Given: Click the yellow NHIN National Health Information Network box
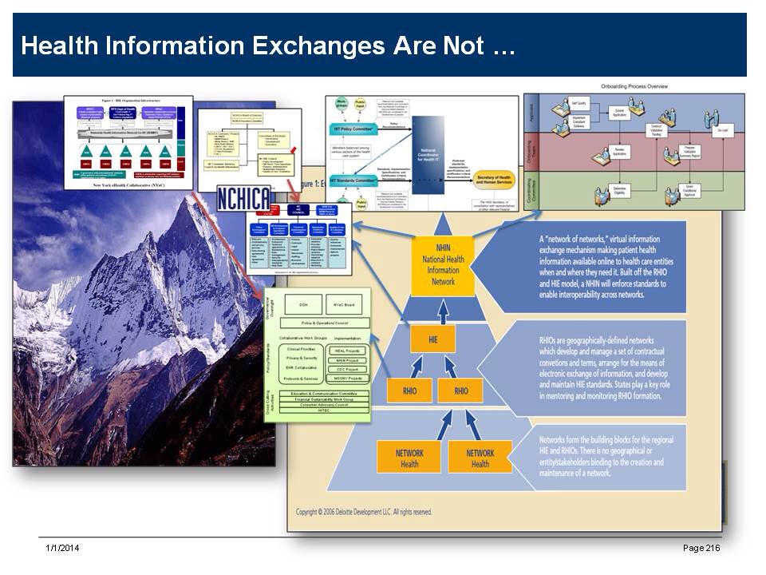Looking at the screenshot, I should (x=443, y=264).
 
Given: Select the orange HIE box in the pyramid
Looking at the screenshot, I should (x=432, y=339).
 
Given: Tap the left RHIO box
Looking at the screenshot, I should (x=409, y=391).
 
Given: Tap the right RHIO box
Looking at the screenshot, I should (x=461, y=391).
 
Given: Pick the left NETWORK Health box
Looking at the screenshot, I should (x=409, y=458).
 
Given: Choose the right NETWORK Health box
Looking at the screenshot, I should (x=480, y=458).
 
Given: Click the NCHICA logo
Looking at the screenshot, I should (x=243, y=199).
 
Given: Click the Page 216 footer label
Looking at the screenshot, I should (x=701, y=548).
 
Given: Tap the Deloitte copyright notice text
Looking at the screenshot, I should (x=364, y=512).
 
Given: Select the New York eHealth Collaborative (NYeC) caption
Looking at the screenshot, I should (x=128, y=183).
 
